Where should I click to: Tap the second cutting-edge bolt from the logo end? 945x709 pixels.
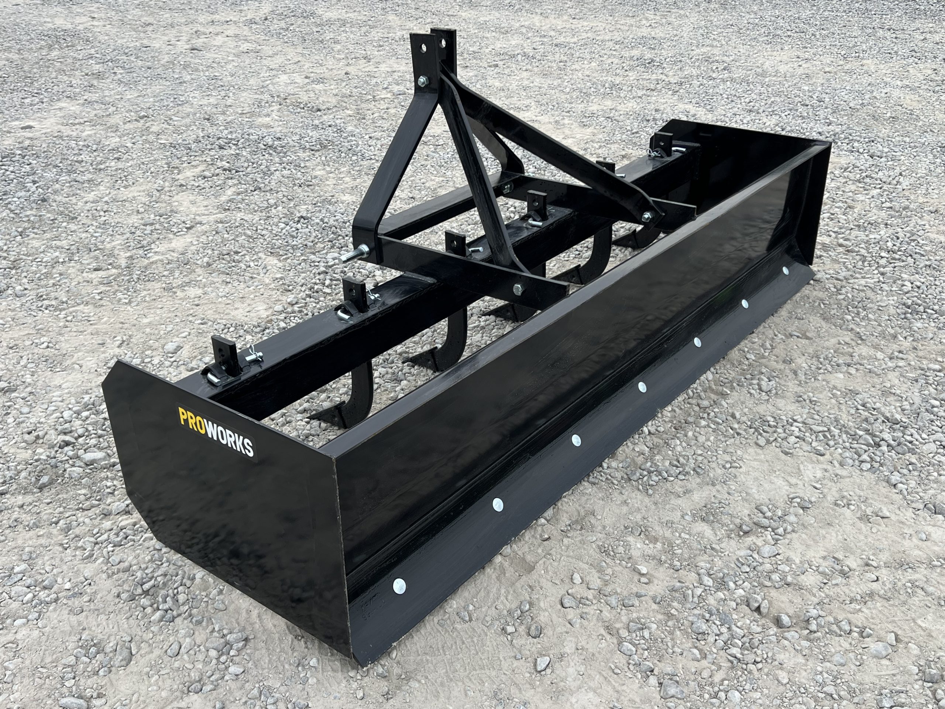pyautogui.click(x=498, y=505)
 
